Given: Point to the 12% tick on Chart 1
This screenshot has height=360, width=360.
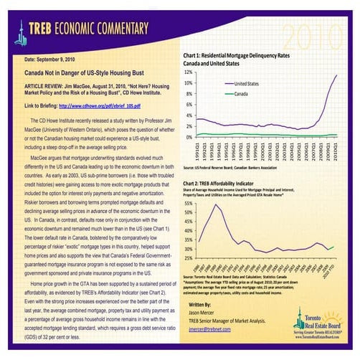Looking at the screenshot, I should (x=189, y=72).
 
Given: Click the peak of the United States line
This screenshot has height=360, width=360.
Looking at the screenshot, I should (x=336, y=75).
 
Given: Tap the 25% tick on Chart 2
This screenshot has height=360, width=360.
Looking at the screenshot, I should (x=189, y=257).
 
